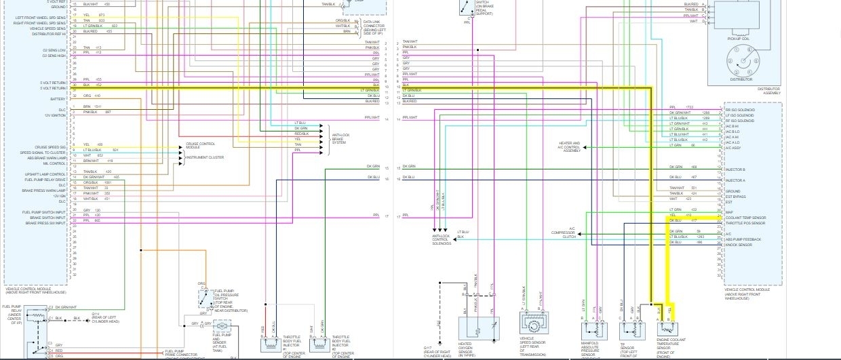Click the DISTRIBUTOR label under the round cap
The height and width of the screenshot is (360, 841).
coord(741,79)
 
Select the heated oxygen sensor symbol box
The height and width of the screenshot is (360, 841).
coord(479,328)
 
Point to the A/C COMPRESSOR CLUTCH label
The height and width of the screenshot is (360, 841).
coord(563,233)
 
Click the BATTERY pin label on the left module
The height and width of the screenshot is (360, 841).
coord(58,99)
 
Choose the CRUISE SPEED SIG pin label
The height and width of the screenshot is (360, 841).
coord(52,147)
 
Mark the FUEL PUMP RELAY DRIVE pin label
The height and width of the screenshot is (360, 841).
coord(45,180)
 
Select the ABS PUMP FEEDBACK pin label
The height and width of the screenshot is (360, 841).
coord(743,239)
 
